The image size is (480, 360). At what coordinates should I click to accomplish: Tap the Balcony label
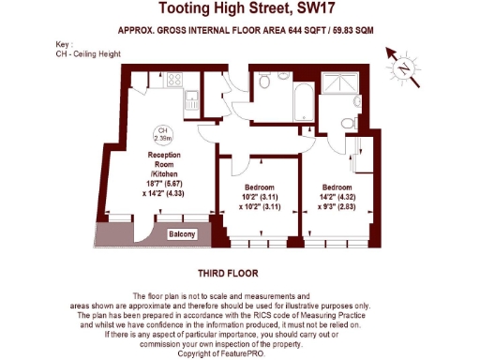(x=183, y=234)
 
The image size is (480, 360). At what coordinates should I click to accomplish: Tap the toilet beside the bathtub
(x=266, y=84)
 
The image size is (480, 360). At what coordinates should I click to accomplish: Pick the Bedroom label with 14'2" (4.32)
(x=339, y=187)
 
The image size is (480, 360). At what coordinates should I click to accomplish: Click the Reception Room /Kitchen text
(x=163, y=165)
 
